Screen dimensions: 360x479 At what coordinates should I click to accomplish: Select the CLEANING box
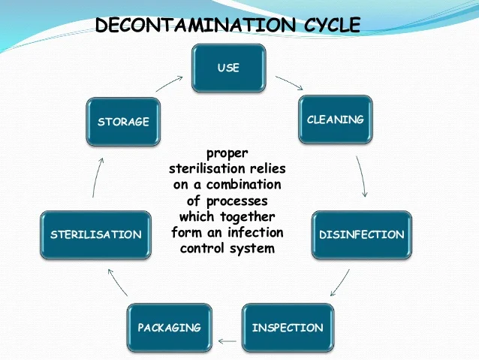(335, 119)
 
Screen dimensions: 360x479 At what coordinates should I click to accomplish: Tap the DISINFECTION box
(361, 234)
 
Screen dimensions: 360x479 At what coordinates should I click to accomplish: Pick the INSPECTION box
(288, 328)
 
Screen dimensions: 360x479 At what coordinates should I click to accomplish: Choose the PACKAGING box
(169, 328)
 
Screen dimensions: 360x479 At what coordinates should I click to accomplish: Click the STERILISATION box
(95, 234)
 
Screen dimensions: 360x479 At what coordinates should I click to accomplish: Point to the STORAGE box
(123, 122)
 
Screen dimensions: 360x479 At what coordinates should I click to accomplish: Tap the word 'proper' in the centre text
(227, 153)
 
